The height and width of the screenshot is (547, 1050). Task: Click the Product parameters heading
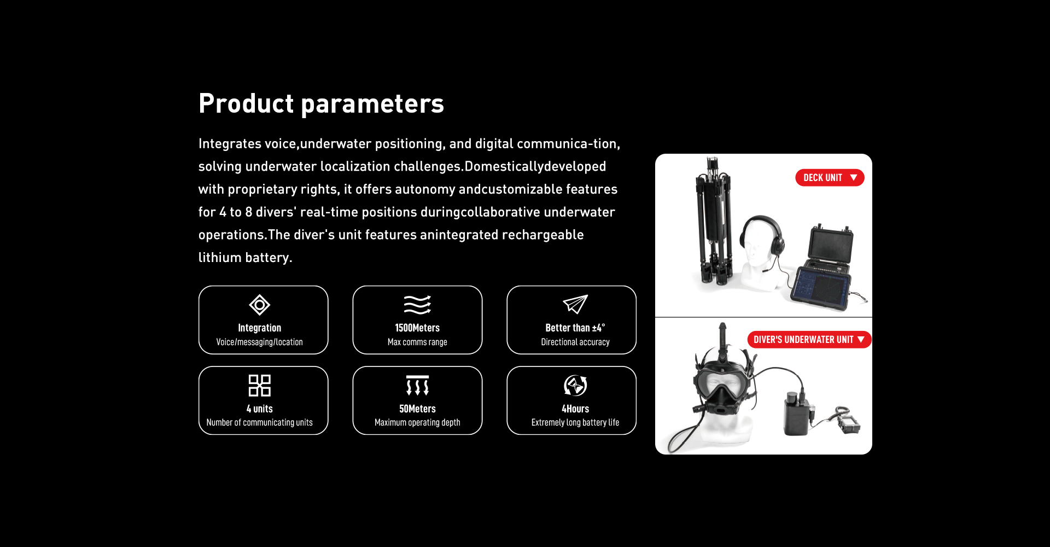pos(321,103)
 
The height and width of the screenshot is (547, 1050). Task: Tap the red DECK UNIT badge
pos(830,178)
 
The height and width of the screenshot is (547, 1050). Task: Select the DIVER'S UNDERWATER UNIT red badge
pos(809,340)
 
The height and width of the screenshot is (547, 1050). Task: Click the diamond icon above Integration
pos(259,305)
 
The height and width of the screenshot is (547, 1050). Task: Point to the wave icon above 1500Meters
pos(417,305)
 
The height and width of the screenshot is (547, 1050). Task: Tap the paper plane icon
pos(575,304)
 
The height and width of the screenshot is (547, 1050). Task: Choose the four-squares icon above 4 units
pos(259,386)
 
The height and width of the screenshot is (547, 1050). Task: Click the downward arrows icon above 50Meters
pos(417,386)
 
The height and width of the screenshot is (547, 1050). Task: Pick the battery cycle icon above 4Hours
pos(575,386)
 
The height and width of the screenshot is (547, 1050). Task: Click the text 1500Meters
pos(417,328)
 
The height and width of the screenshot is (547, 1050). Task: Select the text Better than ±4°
pos(575,328)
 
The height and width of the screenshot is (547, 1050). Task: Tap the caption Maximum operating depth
pos(417,422)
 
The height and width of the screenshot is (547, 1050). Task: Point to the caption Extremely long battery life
pos(575,422)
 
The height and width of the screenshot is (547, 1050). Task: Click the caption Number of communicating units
pos(259,422)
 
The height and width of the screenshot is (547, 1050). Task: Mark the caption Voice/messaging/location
pos(259,342)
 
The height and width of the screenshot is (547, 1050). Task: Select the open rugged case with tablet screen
pos(823,268)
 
